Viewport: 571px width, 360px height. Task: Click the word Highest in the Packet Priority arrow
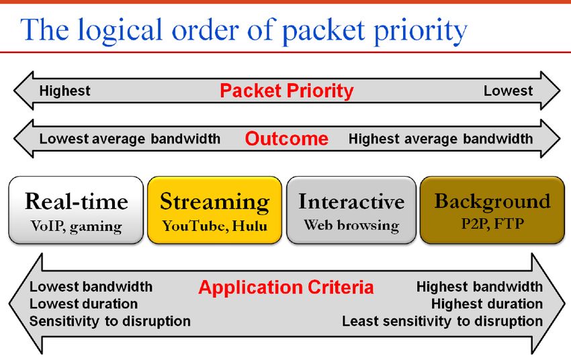pyautogui.click(x=64, y=91)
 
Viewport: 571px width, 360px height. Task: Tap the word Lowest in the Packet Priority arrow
pyautogui.click(x=508, y=91)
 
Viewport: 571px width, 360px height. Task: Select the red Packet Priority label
pyautogui.click(x=287, y=91)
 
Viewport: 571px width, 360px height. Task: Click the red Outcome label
pyautogui.click(x=287, y=138)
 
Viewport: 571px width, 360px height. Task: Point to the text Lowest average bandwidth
pyautogui.click(x=130, y=138)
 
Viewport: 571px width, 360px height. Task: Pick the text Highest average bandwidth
pyautogui.click(x=441, y=138)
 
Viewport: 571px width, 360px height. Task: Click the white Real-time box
pyautogui.click(x=76, y=210)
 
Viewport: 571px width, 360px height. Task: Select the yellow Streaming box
pyautogui.click(x=214, y=210)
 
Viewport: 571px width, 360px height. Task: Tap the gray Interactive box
pyautogui.click(x=351, y=210)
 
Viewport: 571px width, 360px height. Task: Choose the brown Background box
pyautogui.click(x=492, y=210)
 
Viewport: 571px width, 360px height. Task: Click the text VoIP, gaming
pyautogui.click(x=76, y=226)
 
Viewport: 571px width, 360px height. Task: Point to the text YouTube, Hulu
pyautogui.click(x=214, y=226)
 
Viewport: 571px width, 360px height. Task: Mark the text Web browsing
pyautogui.click(x=351, y=225)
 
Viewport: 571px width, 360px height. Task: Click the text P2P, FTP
pyautogui.click(x=492, y=224)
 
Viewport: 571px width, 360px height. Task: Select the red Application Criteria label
pyautogui.click(x=286, y=287)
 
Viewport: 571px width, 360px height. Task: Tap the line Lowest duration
pyautogui.click(x=83, y=304)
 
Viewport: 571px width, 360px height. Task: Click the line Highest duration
pyautogui.click(x=487, y=304)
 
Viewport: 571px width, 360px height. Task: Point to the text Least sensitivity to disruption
pyautogui.click(x=443, y=322)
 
